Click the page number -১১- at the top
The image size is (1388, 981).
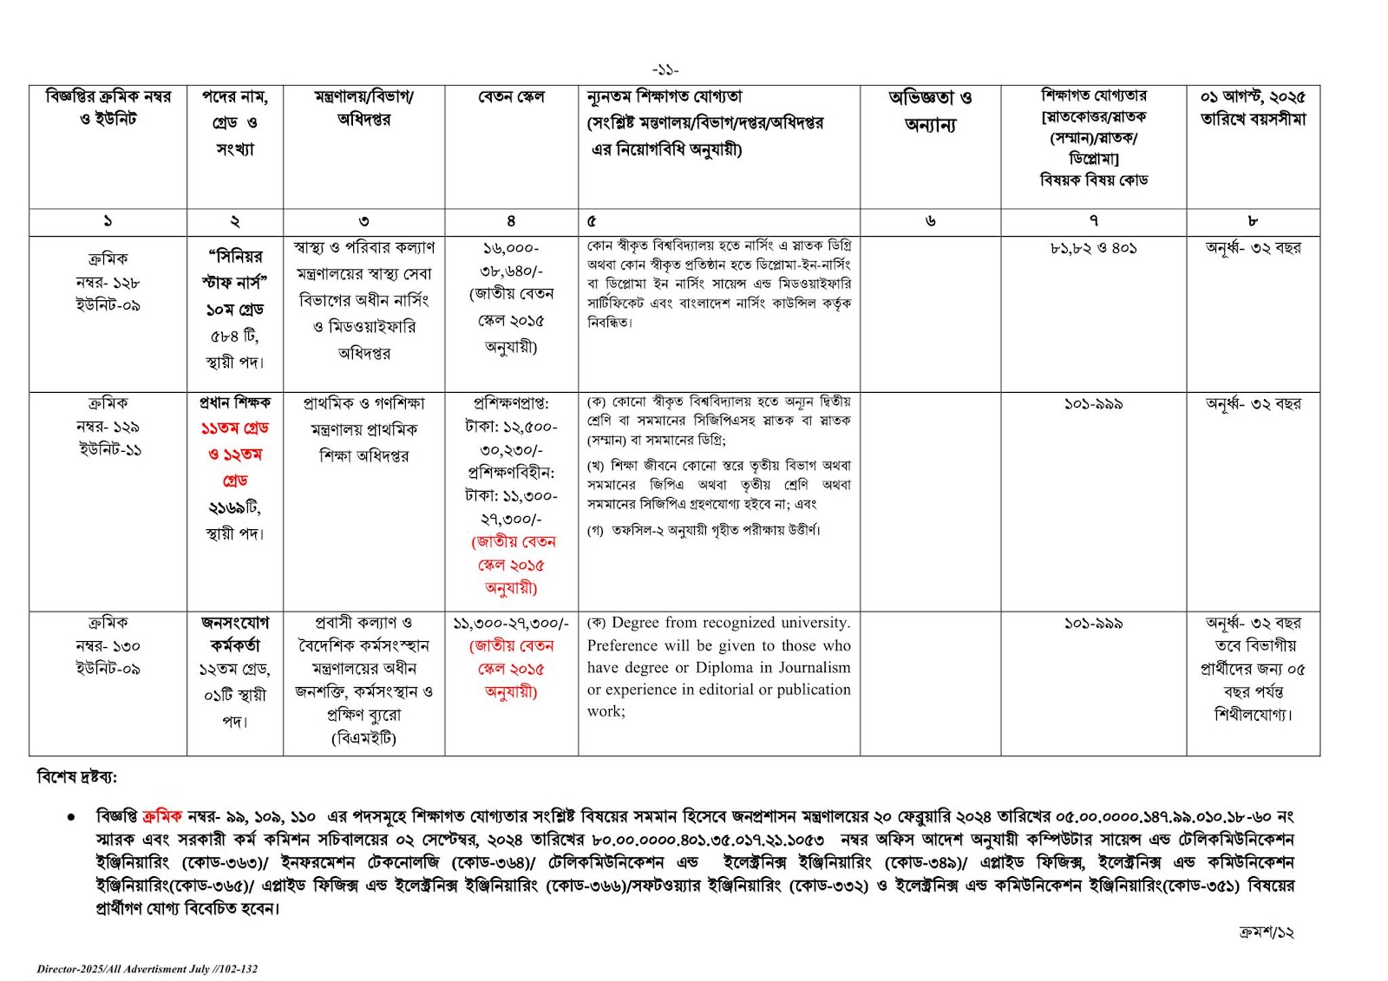tap(665, 70)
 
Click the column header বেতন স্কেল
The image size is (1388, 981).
tap(511, 97)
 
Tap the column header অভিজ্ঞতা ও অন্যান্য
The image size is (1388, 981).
tap(930, 111)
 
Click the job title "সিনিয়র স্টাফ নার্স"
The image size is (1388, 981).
tap(234, 269)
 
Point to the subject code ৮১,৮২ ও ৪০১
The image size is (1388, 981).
tap(1093, 248)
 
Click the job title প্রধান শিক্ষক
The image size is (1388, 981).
tap(234, 402)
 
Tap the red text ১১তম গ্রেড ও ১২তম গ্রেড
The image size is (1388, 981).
tap(234, 454)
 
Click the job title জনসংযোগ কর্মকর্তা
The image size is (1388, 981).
tap(234, 634)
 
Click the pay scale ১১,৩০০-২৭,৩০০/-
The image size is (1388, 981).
tap(511, 624)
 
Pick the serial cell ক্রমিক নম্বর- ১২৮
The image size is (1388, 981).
tap(108, 282)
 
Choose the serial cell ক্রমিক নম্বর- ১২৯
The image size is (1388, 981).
tap(108, 426)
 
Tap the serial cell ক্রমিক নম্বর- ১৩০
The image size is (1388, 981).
tap(108, 645)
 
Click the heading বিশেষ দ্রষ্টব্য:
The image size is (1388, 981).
tap(77, 777)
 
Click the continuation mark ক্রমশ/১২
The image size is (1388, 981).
tap(1266, 932)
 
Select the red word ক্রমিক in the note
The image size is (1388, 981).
tap(162, 816)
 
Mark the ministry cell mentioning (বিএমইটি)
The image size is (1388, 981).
tap(363, 680)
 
